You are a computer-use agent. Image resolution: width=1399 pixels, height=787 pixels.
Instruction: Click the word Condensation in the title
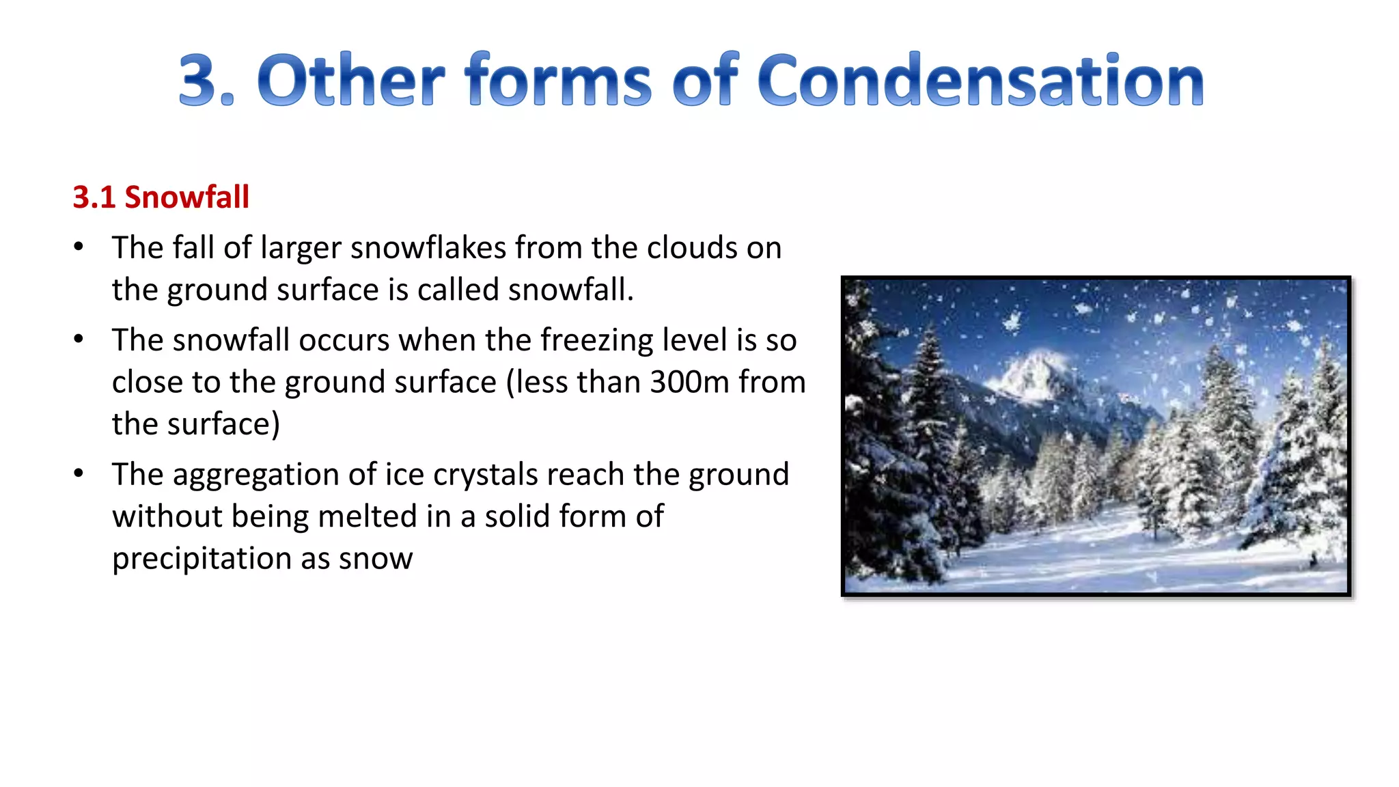(x=980, y=81)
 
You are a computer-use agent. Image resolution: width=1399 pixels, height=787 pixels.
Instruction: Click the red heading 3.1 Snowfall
(x=161, y=197)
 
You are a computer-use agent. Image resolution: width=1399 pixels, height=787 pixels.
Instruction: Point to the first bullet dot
(x=79, y=246)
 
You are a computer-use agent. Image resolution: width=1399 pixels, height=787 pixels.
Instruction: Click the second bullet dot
(x=79, y=338)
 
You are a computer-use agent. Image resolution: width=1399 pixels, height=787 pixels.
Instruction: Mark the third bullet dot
(x=79, y=473)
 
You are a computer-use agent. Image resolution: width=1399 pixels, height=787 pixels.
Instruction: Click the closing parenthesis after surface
(x=276, y=425)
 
